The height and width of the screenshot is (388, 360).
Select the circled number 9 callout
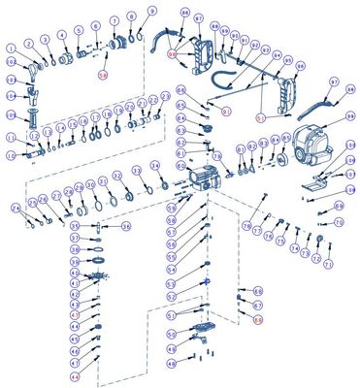click(x=151, y=11)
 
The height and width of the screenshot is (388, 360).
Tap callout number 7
click(x=114, y=20)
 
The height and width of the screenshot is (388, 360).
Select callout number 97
click(x=334, y=82)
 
